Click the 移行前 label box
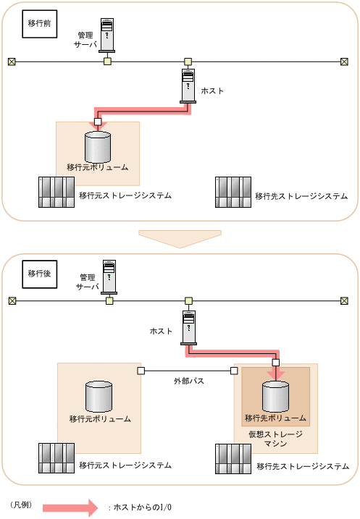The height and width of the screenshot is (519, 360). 39,24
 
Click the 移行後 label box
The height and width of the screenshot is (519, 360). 39,274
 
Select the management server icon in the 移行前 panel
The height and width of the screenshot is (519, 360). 107,35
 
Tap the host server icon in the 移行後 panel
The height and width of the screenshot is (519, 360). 189,328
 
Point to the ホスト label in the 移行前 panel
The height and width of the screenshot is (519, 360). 212,91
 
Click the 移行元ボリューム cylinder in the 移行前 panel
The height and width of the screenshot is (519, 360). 98,147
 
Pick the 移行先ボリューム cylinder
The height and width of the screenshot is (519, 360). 275,396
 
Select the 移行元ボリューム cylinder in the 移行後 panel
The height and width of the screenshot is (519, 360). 99,396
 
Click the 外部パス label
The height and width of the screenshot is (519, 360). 189,381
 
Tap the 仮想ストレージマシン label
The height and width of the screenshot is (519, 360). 275,439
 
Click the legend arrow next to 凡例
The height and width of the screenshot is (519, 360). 70,507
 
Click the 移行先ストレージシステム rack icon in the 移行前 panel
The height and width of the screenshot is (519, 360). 233,192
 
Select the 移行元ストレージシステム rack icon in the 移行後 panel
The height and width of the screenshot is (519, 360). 56,458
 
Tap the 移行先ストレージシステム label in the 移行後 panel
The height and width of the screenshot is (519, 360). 303,466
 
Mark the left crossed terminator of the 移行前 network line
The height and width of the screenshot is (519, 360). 12,62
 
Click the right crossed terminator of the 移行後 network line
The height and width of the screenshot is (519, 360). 345,301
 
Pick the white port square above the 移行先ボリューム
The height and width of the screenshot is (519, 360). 275,363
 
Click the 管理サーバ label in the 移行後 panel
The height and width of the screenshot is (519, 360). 88,282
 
